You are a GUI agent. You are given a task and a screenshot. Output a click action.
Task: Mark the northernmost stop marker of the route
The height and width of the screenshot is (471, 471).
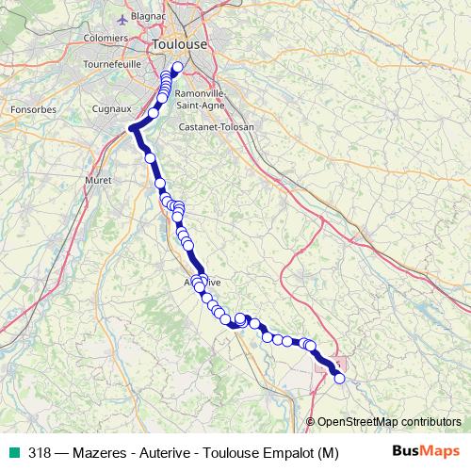point(176,67)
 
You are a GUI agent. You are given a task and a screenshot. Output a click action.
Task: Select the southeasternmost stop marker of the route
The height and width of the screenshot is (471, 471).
point(340,379)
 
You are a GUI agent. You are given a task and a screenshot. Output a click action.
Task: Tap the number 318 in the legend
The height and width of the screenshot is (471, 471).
point(40,452)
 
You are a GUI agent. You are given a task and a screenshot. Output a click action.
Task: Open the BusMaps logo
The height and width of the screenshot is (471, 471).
point(426,451)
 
